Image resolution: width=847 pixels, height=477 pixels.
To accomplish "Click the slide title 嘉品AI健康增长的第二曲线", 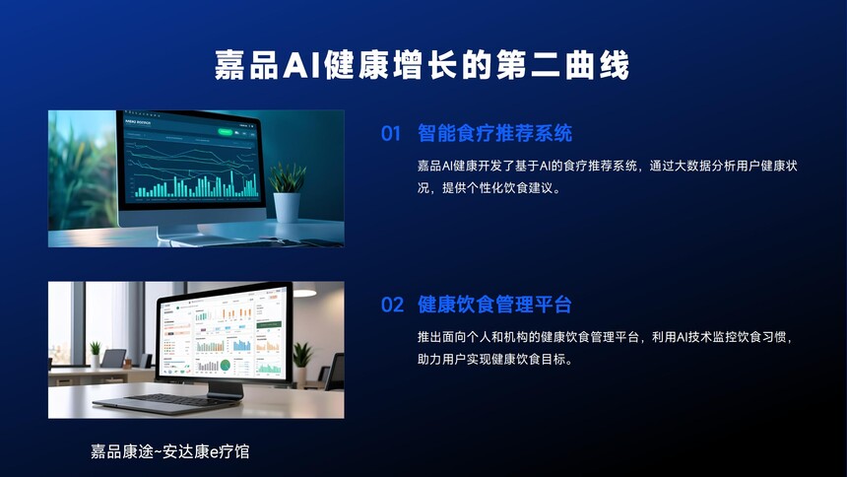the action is coord(422,65).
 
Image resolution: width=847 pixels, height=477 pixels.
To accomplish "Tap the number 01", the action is coord(391,134).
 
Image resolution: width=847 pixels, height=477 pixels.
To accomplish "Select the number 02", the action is coord(392,305).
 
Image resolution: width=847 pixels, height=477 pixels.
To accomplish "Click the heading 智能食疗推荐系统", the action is coord(494,133).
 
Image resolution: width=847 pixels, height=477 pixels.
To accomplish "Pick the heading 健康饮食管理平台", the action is coord(494,305).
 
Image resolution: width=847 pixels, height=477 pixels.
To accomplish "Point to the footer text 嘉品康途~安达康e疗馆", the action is coord(169,451).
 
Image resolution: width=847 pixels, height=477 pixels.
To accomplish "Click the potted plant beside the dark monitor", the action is coord(287,192).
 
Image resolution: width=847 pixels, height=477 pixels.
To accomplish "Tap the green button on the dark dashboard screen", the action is coord(225,131).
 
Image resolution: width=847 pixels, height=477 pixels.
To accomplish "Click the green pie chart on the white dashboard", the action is coord(226,365).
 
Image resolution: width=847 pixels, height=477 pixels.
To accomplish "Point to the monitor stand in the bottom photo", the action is coord(224,389).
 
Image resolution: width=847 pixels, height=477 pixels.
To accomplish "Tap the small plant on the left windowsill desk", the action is coord(96,354).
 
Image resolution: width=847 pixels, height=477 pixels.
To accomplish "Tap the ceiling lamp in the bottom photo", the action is coord(305,293).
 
